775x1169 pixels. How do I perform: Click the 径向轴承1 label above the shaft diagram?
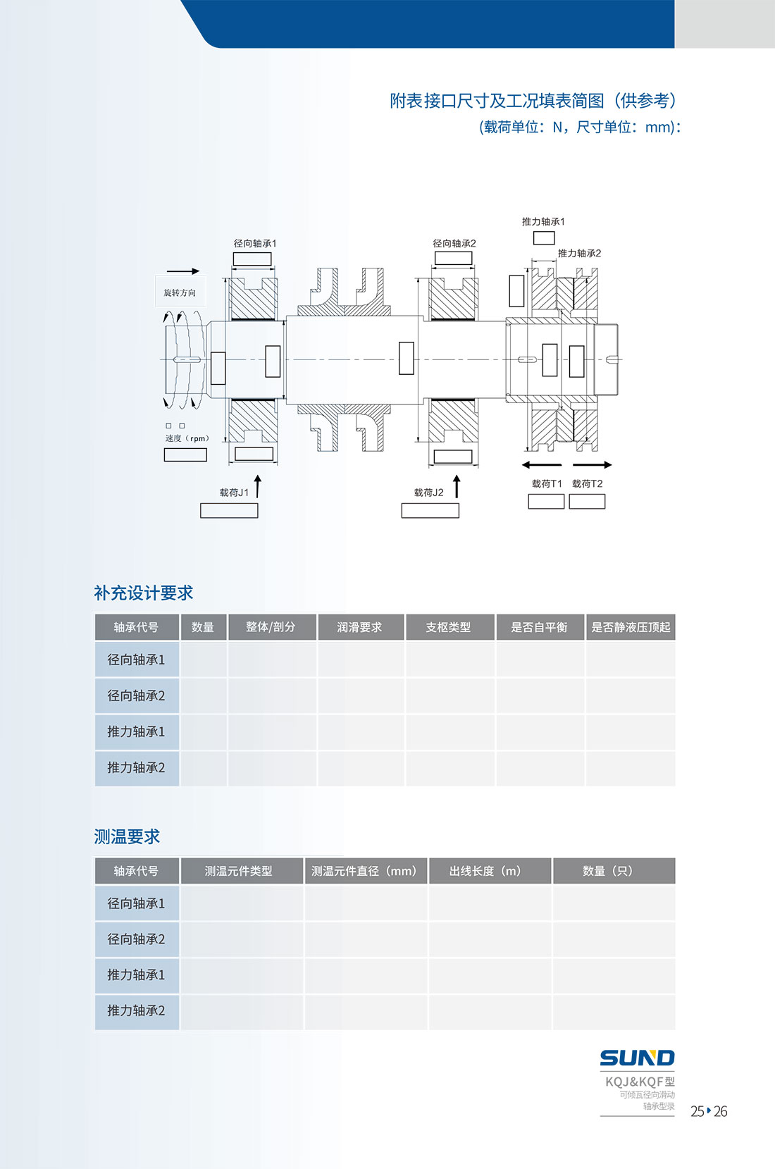tap(254, 243)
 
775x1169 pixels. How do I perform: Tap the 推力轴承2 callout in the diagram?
tap(579, 253)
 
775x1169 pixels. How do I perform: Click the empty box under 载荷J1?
tap(229, 510)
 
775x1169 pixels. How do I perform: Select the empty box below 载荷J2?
tap(430, 510)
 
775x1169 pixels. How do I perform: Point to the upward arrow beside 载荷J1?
tap(257, 486)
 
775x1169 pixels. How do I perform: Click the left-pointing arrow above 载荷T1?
tap(542, 464)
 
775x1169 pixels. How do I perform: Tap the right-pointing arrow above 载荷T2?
tap(592, 464)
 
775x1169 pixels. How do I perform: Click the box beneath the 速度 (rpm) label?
tap(185, 455)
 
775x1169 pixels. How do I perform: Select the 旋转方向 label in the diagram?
tap(180, 292)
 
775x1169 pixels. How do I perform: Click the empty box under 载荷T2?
tap(587, 502)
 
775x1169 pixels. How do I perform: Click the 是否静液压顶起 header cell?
tap(631, 627)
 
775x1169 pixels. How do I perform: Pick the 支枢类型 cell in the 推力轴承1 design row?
tap(450, 732)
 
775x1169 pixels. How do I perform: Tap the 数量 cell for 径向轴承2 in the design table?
tap(204, 696)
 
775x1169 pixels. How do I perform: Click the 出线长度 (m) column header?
tap(490, 871)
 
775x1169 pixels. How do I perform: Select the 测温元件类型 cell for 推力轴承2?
tap(242, 1011)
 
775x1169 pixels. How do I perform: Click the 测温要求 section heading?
tap(127, 836)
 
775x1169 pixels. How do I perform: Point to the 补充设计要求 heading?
tap(144, 593)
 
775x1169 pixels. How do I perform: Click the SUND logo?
tap(637, 1058)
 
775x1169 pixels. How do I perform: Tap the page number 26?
tap(721, 1112)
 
